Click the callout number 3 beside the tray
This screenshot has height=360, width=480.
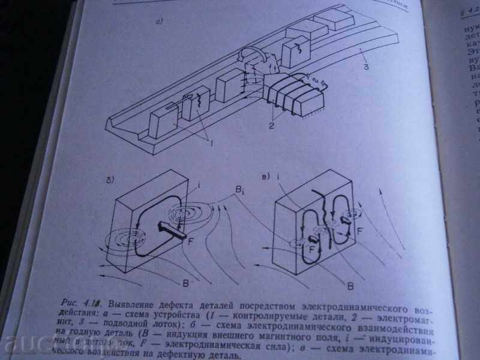click(365, 66)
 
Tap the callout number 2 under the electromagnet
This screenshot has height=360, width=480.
click(272, 127)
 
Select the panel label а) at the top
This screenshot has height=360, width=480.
click(160, 23)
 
